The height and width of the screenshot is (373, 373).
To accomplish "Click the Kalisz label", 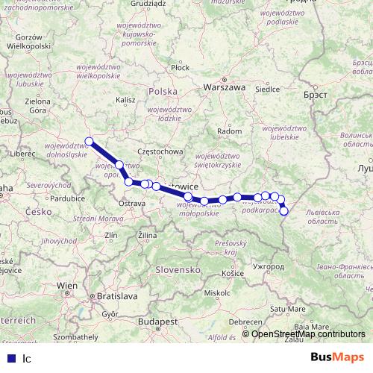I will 125,98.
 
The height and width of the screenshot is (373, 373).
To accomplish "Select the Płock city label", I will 180,67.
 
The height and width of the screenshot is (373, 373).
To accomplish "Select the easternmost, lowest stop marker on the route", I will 283,211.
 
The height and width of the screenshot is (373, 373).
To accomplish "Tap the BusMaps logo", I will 336,357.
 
